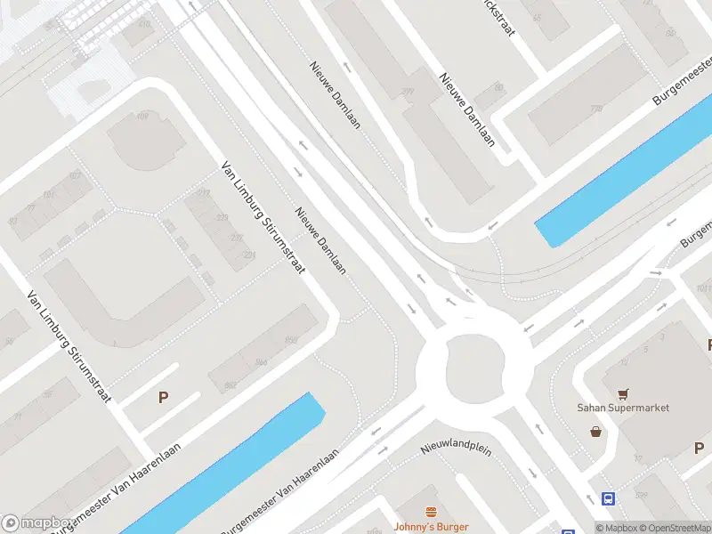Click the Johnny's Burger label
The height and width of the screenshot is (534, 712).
coord(431,527)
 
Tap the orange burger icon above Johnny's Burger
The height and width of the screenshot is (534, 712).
coord(432,512)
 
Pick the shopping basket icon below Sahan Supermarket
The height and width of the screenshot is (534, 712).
coord(595,432)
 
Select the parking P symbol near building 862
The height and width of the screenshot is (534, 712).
coord(163,398)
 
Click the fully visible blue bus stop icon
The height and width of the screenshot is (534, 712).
coord(609,499)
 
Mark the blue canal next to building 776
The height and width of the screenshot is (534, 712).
coord(623,178)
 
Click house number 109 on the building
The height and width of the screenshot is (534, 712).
coord(143,117)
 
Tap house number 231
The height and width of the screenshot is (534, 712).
coord(250,256)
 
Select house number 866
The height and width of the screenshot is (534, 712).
coord(261,362)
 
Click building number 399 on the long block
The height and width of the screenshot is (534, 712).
coord(409,93)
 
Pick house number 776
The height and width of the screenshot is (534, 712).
coord(595,109)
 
